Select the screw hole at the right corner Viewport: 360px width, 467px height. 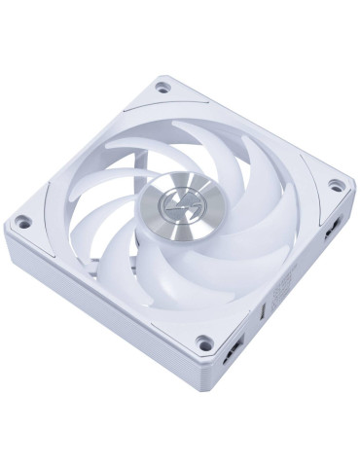coord(337,185)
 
